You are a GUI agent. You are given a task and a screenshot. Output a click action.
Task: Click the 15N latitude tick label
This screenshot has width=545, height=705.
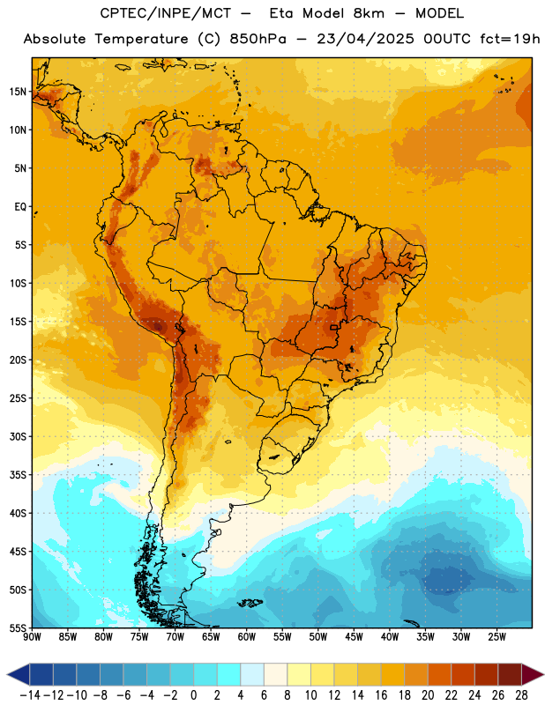tap(18, 92)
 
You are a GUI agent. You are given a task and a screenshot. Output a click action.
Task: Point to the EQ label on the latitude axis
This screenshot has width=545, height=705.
tap(20, 207)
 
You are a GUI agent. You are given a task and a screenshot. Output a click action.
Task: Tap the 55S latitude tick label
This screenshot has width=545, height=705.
tap(18, 627)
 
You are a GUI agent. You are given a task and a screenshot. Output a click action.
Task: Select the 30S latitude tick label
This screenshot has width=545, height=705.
tap(18, 436)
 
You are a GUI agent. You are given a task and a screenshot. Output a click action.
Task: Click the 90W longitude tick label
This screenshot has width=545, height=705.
tap(32, 637)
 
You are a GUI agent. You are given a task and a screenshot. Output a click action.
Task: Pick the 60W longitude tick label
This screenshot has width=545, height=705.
tap(247, 637)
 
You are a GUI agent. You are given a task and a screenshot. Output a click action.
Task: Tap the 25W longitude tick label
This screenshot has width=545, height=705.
tap(496, 637)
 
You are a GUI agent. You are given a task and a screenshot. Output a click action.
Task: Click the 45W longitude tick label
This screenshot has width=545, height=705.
tap(354, 637)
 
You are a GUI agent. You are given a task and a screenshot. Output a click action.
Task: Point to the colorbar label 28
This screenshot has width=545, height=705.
tap(521, 695)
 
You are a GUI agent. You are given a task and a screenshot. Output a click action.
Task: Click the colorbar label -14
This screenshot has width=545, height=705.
tap(30, 695)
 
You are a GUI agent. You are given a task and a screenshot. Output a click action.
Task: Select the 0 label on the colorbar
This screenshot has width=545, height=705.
tap(193, 695)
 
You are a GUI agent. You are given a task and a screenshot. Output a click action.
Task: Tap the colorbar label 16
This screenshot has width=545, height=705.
tap(381, 695)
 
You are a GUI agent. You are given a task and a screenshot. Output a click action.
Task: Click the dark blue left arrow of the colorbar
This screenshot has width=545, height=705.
tap(19, 674)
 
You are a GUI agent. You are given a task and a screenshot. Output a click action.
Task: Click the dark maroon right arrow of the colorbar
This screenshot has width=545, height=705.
tap(533, 674)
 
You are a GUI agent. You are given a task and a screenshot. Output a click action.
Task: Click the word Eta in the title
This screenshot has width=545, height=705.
tap(281, 13)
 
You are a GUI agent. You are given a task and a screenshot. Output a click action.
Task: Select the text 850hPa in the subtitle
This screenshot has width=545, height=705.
tap(258, 39)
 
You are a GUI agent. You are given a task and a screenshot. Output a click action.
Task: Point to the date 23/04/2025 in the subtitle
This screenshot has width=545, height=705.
tap(365, 39)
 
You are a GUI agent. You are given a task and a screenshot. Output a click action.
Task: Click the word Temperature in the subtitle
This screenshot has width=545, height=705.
tap(141, 40)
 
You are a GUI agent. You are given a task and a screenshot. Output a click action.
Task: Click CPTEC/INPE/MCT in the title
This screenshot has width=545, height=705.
tap(166, 13)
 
